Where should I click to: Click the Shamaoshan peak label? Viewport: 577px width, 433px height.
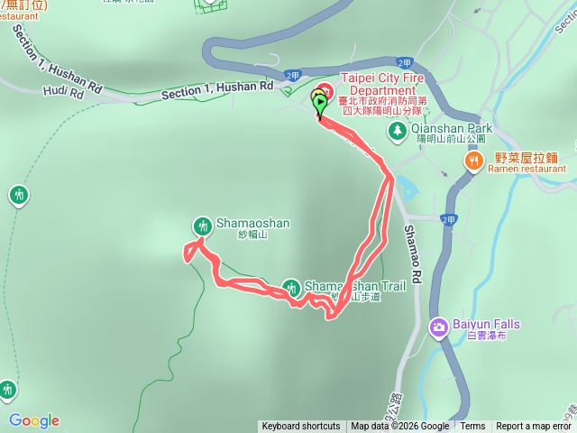pos(243,225)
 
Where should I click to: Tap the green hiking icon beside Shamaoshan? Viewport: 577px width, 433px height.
pos(201,226)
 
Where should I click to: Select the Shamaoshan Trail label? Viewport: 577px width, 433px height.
pos(354,287)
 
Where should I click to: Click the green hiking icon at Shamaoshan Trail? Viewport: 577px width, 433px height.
pos(290,288)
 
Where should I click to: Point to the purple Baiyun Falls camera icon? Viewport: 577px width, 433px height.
pos(438,327)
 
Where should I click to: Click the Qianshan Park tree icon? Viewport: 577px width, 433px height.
pos(397,131)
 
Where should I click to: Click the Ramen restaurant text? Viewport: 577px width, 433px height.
pos(528,168)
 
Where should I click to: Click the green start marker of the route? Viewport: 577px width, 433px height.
pos(320,106)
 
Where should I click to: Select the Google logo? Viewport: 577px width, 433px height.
pos(33,420)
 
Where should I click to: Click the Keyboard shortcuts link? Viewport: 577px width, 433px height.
pos(301,427)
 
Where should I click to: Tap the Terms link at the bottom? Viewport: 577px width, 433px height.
pos(472,427)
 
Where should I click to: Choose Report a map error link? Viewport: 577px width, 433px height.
pos(534,427)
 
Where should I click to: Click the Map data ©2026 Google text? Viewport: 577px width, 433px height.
pos(399,427)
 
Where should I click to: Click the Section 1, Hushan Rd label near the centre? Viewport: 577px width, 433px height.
pos(217,91)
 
